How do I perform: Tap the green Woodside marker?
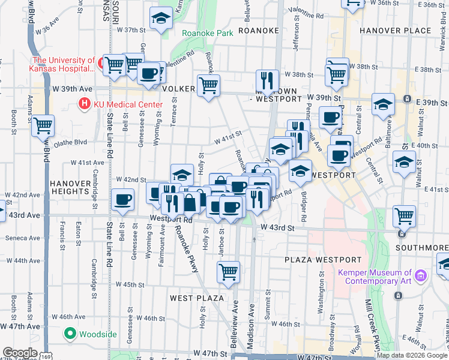click(x=70, y=334)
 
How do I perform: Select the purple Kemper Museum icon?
click(x=420, y=276)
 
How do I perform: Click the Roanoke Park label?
click(x=207, y=33)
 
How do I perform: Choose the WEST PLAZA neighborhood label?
click(x=196, y=298)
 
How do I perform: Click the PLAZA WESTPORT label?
click(x=323, y=259)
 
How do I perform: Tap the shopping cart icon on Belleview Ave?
click(x=228, y=272)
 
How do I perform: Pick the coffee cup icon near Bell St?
click(x=123, y=199)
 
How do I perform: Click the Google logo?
click(x=20, y=353)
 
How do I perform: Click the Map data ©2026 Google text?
click(x=412, y=355)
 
